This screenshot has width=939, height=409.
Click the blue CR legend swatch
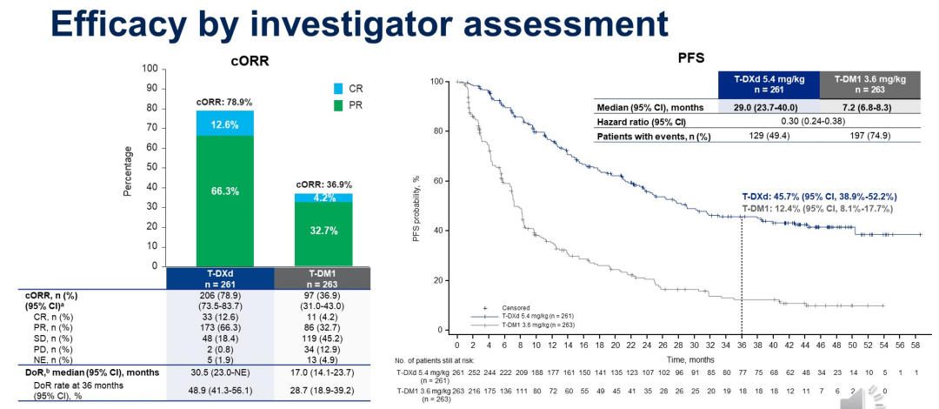[x=339, y=89]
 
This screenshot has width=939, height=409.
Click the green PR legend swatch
[x=339, y=104]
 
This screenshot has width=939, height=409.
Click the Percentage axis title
[x=128, y=171]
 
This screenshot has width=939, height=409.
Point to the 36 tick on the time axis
[x=741, y=344]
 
